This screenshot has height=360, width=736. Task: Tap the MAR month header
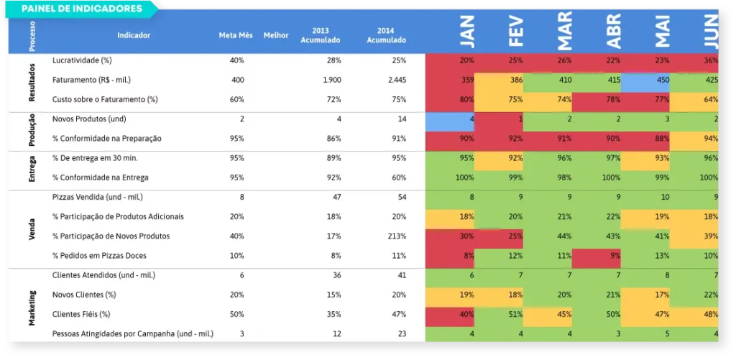[564, 30]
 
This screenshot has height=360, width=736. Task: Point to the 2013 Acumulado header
[321, 35]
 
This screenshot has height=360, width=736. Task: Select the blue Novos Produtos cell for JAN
[450, 119]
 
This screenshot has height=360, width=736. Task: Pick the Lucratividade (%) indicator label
[82, 60]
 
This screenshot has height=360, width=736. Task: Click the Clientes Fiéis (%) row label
[81, 314]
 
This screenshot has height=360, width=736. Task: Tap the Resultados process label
[32, 80]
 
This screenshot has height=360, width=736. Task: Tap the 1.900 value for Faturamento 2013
[332, 80]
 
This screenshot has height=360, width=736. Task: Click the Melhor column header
[276, 35]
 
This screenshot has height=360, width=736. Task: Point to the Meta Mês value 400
[238, 80]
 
